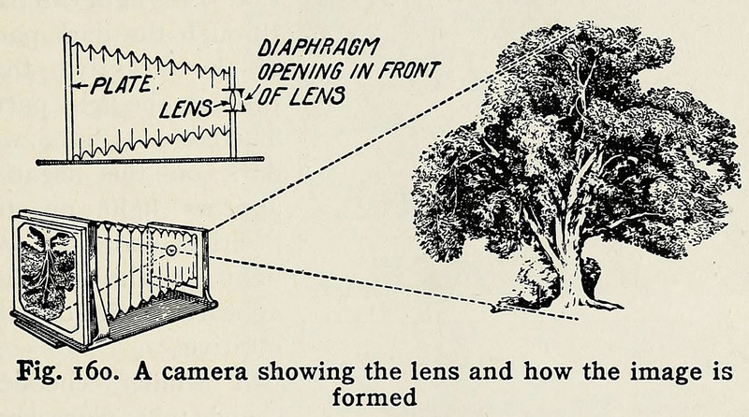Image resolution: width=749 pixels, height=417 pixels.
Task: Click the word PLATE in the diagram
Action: [120, 90]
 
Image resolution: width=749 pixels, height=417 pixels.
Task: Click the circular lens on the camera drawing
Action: [171, 252]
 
